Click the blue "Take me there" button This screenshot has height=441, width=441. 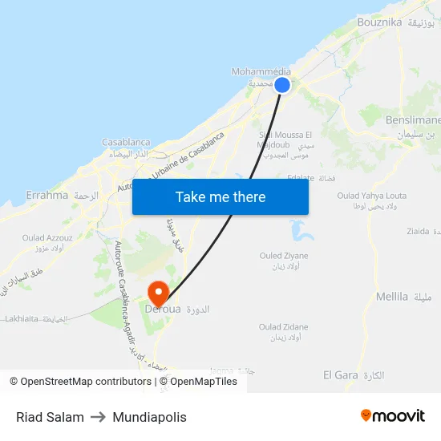(220, 196)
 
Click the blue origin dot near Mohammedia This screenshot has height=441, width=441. (282, 84)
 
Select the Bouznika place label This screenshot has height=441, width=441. (379, 22)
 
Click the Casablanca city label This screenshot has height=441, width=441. (126, 142)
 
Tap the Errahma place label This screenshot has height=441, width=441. (47, 195)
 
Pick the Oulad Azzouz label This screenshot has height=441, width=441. (47, 237)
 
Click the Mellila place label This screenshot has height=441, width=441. (392, 297)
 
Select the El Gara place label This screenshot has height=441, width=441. (340, 375)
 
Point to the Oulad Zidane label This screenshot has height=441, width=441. (283, 327)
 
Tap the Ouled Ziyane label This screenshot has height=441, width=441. (283, 256)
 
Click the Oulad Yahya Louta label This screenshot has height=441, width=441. (371, 195)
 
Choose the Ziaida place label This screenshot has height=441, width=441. (418, 231)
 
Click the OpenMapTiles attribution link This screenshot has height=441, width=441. (204, 382)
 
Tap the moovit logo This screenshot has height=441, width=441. (393, 416)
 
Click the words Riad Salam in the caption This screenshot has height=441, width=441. (50, 417)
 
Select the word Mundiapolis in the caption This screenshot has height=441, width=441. (150, 417)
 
